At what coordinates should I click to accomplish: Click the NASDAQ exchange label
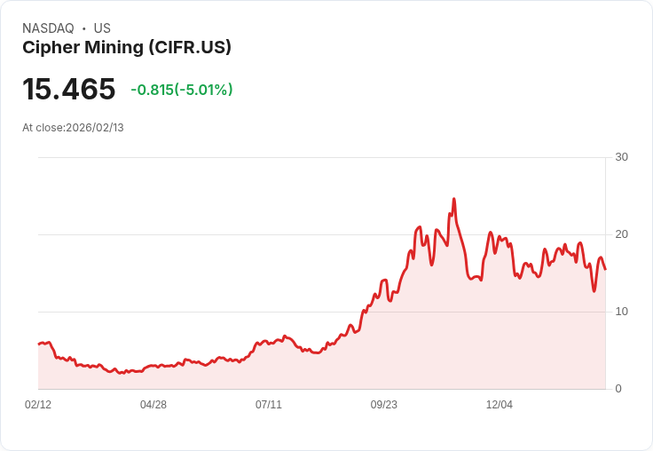coord(48,28)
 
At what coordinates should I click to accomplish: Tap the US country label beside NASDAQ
coord(102,28)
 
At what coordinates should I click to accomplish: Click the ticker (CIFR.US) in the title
coord(191,48)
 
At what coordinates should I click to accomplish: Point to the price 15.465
coord(69,90)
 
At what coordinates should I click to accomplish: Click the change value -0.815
coord(152,90)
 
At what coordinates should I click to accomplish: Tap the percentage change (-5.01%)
coord(204,90)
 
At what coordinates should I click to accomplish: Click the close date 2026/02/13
coord(95,128)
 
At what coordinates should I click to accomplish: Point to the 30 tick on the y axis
coord(621,157)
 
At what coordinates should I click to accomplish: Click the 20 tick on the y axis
coord(621,234)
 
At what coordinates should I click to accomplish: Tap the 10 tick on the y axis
coord(621,312)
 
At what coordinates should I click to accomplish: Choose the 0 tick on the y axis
coord(618,389)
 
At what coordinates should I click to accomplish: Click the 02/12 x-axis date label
coord(38,405)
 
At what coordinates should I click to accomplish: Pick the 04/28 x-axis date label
coord(153,405)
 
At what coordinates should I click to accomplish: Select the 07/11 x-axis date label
coord(269,405)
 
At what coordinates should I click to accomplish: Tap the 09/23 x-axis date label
coord(384,405)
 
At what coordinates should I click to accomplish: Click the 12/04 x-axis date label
coord(500,405)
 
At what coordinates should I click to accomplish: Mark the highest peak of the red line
coord(453,199)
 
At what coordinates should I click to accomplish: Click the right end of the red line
coord(605,269)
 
